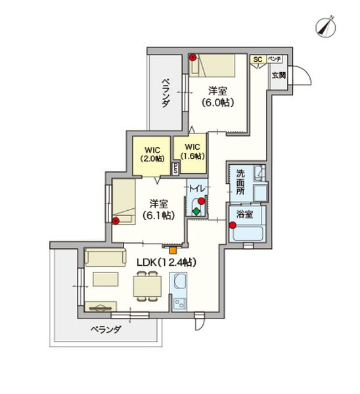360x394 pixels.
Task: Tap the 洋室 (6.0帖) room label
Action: pyautogui.click(x=218, y=96)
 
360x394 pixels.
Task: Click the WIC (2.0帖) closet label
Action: pyautogui.click(x=152, y=154)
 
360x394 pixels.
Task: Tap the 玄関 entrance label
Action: pyautogui.click(x=278, y=75)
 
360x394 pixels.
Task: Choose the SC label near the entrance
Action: pyautogui.click(x=258, y=60)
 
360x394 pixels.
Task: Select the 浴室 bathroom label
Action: pyautogui.click(x=245, y=213)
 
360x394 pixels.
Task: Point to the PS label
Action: pyautogui.click(x=175, y=168)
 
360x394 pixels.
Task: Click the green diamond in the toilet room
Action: pyautogui.click(x=196, y=211)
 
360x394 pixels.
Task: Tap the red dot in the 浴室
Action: pyautogui.click(x=233, y=226)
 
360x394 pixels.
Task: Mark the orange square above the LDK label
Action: pyautogui.click(x=172, y=248)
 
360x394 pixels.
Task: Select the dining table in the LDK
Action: pyautogui.click(x=148, y=285)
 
